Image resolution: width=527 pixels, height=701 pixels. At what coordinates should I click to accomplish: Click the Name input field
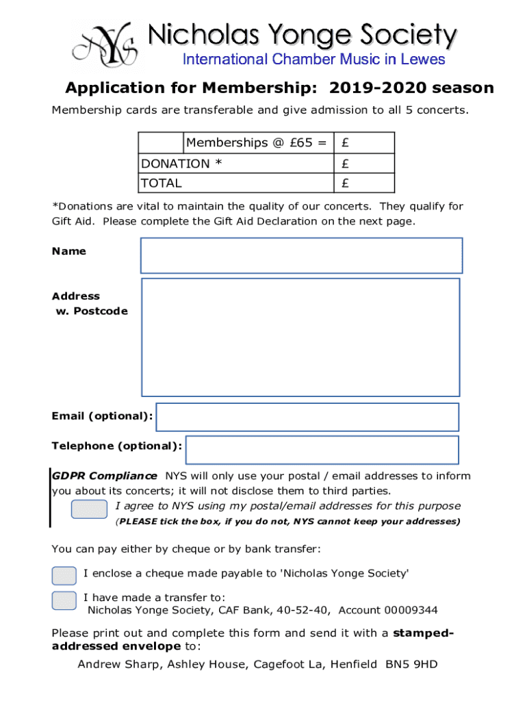pos(301,255)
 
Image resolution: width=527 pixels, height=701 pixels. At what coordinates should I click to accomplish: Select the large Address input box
pos(300,337)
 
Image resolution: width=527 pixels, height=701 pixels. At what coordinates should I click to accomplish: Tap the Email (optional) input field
pos(307,417)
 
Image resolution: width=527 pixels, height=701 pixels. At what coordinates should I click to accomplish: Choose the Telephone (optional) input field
pos(322,450)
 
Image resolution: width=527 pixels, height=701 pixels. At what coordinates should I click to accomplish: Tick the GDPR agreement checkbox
pos(90,509)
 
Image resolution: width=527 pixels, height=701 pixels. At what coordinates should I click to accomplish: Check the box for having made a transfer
pos(64,600)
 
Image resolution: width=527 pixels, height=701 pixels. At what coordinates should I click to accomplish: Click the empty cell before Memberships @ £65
pos(161,143)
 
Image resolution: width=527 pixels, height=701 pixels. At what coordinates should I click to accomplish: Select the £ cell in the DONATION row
pos(363,164)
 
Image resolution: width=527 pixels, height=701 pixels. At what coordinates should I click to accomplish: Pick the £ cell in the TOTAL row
pos(363,183)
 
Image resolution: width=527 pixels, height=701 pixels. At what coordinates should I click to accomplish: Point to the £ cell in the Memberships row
pos(363,143)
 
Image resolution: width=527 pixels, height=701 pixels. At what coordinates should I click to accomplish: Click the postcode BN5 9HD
pos(411,664)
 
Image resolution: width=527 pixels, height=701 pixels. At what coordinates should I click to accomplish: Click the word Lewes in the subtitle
pos(422,60)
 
